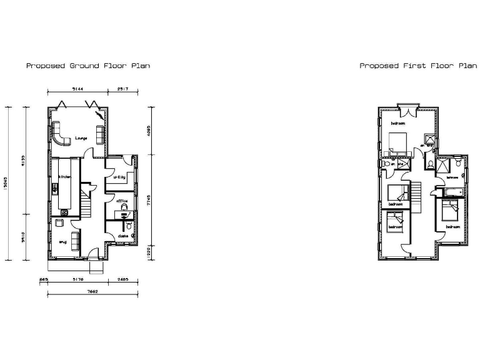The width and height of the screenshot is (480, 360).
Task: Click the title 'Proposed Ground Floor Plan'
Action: (x=87, y=65)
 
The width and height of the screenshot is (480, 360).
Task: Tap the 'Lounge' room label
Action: (x=81, y=137)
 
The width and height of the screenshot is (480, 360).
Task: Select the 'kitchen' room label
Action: (x=66, y=177)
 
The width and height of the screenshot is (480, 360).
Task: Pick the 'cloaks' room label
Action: (x=122, y=236)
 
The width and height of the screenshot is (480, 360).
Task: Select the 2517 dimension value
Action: (x=122, y=90)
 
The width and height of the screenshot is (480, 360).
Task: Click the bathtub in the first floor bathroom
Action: (x=453, y=187)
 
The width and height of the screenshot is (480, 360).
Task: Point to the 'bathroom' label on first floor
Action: (x=452, y=177)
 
